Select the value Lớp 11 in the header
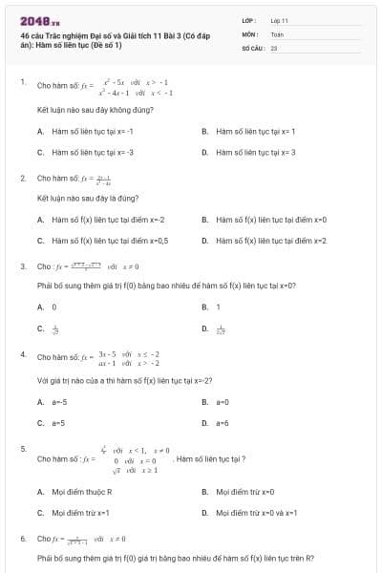tap(279, 19)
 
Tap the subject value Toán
tap(277, 32)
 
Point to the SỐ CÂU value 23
tap(274, 46)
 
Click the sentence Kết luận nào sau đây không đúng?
tap(95, 110)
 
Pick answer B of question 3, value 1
tap(218, 308)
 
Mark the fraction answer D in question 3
tap(221, 329)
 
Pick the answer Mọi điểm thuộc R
tap(81, 492)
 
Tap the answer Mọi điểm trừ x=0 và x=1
tap(257, 513)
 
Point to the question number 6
tap(23, 539)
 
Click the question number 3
tap(23, 265)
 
